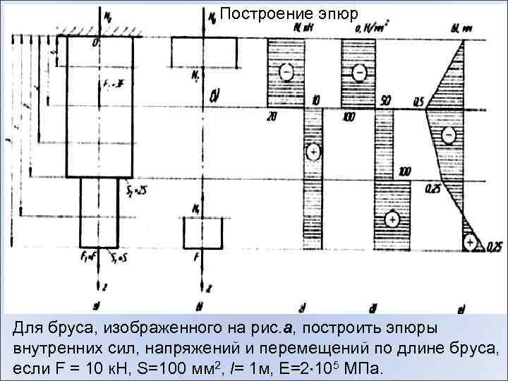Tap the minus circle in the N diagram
click(286, 71)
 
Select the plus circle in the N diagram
click(313, 151)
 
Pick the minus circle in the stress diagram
click(360, 71)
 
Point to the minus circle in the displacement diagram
click(449, 134)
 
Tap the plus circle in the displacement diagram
click(469, 241)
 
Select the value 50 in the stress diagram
click(385, 102)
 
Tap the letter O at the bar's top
click(95, 44)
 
